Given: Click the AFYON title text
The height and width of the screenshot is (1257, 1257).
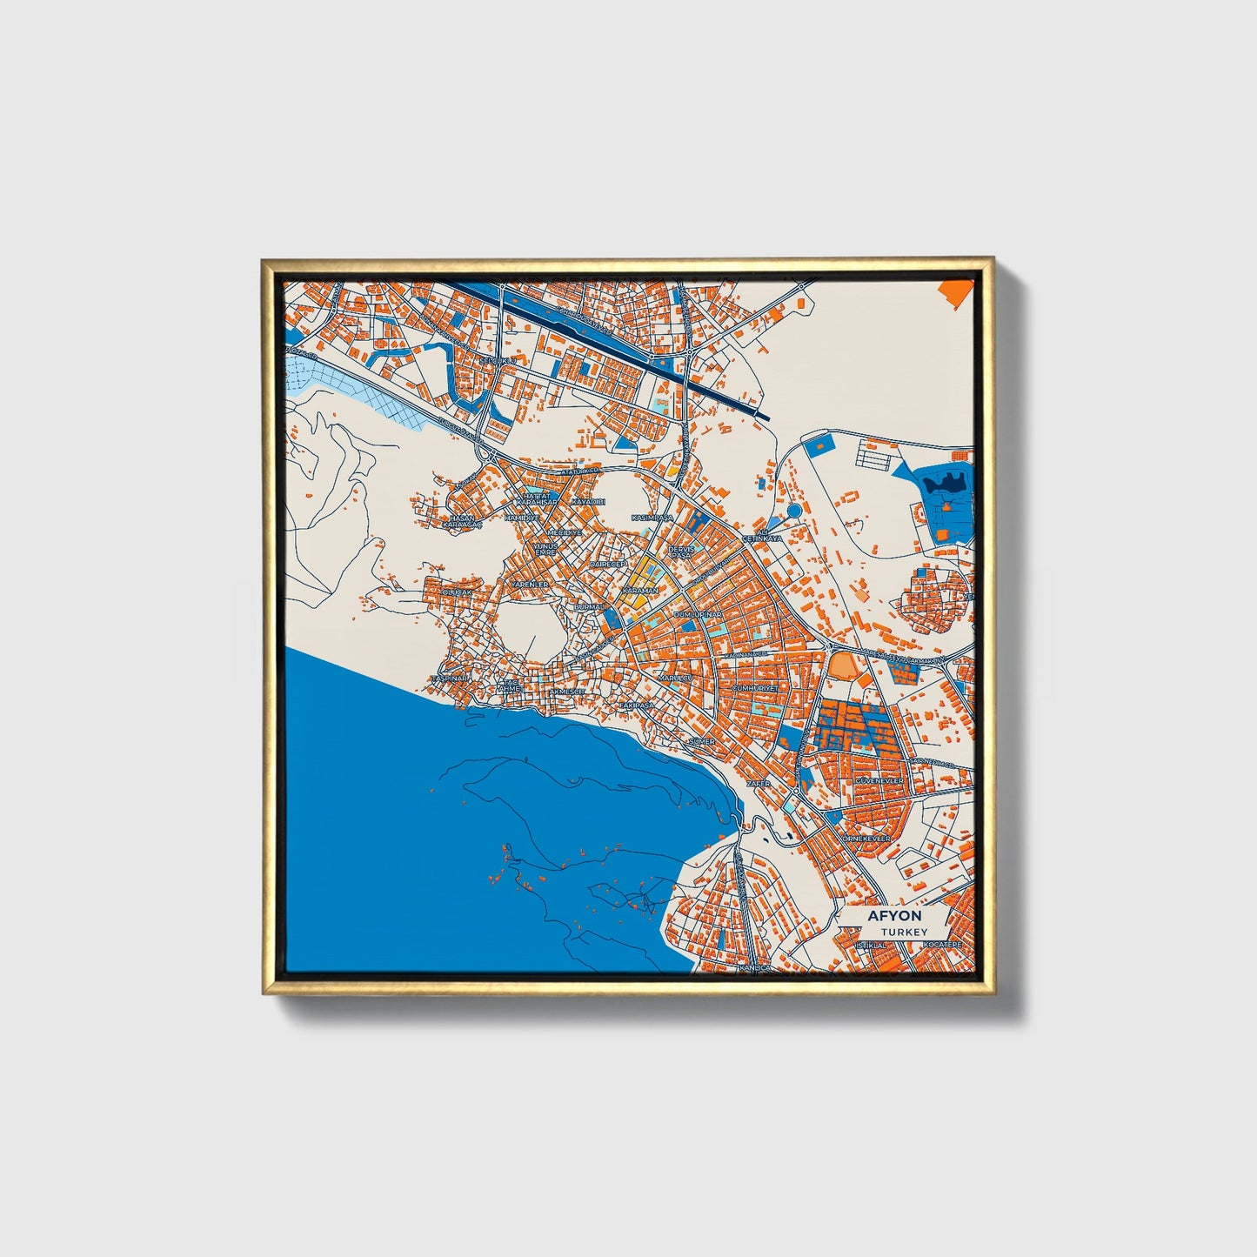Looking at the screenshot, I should pyautogui.click(x=894, y=917).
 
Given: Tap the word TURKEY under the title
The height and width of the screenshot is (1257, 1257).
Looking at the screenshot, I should pyautogui.click(x=903, y=932).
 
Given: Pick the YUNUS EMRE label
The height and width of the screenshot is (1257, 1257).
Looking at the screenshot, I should pyautogui.click(x=545, y=549).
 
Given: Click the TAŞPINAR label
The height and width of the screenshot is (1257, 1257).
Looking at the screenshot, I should pyautogui.click(x=450, y=678).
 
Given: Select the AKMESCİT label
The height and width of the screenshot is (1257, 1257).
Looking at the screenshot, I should pyautogui.click(x=568, y=692).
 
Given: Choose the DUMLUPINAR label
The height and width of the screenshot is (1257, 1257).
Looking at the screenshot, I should pyautogui.click(x=698, y=614).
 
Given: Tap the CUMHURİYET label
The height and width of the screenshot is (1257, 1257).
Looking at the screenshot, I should pyautogui.click(x=753, y=687).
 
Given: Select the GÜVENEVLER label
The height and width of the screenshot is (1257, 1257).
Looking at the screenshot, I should pyautogui.click(x=880, y=782).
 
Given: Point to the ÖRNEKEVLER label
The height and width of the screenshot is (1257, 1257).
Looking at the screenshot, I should pyautogui.click(x=866, y=838).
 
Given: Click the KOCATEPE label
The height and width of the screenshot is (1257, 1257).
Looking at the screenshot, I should pyautogui.click(x=943, y=944).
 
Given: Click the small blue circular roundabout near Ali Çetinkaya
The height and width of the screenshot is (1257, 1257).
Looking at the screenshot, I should pyautogui.click(x=793, y=511).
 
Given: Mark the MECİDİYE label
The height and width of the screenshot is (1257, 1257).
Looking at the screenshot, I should pyautogui.click(x=565, y=532).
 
